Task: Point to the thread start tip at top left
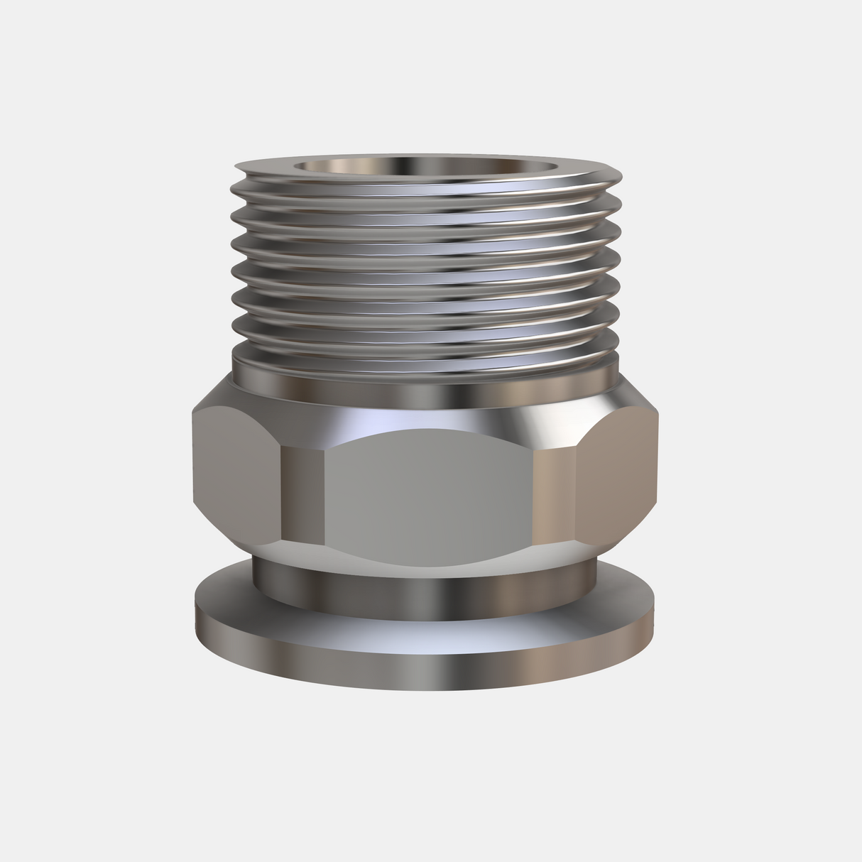(240, 168)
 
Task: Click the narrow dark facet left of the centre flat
(302, 490)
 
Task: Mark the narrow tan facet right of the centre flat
(552, 490)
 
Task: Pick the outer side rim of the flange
(426, 664)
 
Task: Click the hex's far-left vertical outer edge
(192, 462)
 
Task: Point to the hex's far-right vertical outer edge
(658, 462)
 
